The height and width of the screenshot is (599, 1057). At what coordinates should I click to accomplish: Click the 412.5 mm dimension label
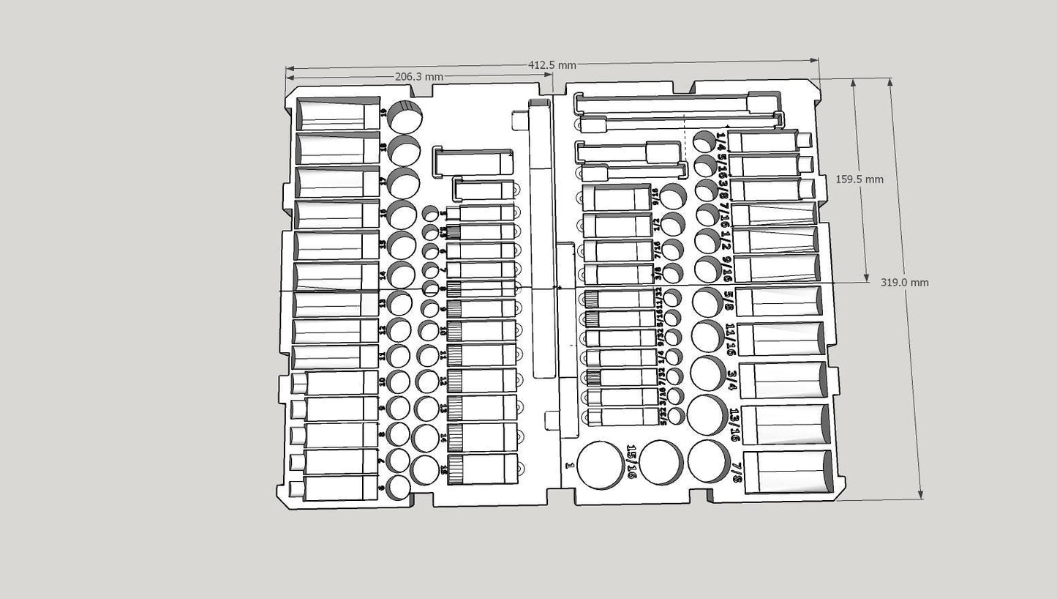[x=552, y=65]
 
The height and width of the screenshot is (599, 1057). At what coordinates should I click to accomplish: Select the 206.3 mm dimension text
[x=419, y=76]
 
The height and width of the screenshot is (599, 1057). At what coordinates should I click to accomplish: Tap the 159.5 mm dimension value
[x=859, y=179]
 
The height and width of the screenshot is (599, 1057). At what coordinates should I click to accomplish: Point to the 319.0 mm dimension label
[x=905, y=283]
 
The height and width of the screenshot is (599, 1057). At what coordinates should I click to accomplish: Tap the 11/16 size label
[x=731, y=340]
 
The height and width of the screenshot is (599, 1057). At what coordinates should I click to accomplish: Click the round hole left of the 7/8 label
[x=708, y=461]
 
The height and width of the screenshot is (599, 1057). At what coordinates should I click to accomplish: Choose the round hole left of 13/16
[x=707, y=414]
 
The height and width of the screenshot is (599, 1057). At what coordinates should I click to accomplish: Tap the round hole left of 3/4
[x=703, y=373]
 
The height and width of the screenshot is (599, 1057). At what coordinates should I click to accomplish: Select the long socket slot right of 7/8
[x=788, y=472]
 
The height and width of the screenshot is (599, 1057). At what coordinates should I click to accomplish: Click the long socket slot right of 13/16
[x=788, y=425]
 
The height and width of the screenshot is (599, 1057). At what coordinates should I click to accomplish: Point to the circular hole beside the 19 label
[x=405, y=116]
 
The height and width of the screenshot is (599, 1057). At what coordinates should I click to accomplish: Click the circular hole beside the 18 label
[x=404, y=150]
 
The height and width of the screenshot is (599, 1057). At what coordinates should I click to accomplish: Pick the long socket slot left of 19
[x=337, y=114]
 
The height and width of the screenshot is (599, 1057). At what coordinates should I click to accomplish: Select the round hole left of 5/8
[x=707, y=302]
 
